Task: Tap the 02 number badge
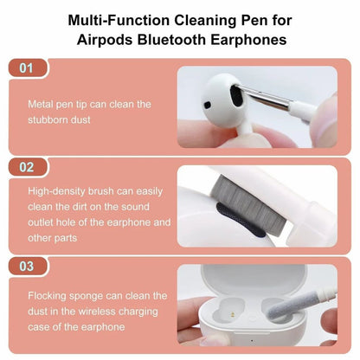pyautogui.click(x=27, y=168)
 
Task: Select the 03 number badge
pyautogui.click(x=27, y=267)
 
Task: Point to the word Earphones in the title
pyautogui.click(x=252, y=39)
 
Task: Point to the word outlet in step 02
pyautogui.click(x=44, y=222)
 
